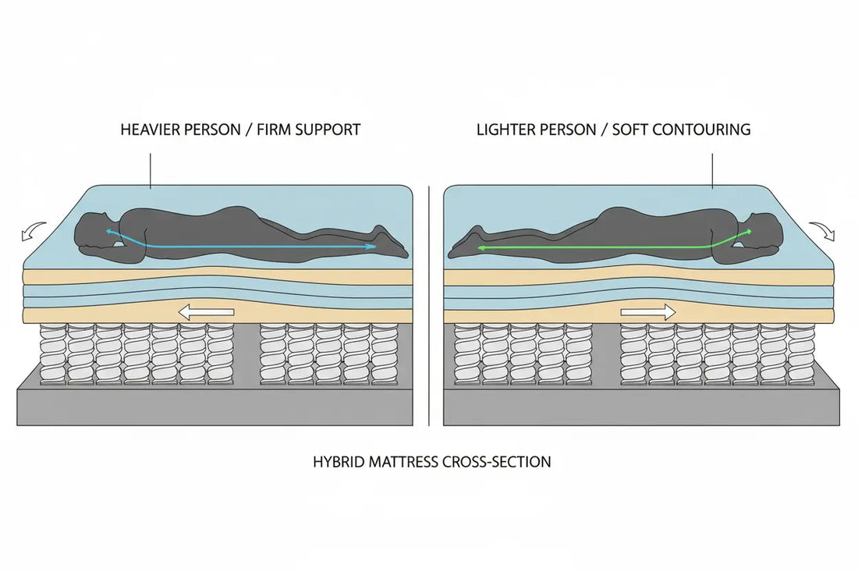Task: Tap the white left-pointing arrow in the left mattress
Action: point(206,313)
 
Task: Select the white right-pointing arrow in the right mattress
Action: point(648,313)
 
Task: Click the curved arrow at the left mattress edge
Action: point(34,230)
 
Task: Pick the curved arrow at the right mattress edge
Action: point(823,231)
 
